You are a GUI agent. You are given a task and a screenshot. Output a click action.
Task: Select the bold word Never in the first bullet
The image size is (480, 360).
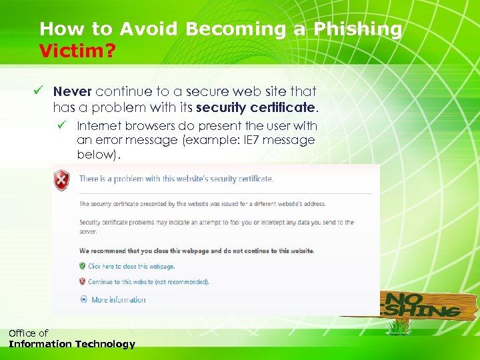point(72,91)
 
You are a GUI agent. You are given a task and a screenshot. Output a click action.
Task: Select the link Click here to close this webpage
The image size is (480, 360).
point(131,266)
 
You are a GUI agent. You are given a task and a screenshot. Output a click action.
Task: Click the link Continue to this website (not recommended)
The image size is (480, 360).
point(148,282)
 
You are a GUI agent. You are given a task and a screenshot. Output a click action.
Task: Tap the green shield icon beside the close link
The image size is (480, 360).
point(82,266)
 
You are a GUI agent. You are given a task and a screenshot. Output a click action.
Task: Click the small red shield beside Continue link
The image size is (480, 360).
point(82,282)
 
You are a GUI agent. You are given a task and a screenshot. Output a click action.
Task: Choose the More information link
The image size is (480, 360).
point(118,300)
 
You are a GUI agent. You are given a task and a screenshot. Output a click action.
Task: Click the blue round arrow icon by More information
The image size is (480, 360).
point(83,300)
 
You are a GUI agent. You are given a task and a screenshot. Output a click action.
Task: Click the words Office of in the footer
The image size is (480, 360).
point(28,333)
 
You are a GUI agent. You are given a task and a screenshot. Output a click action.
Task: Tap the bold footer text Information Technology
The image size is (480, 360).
point(71,344)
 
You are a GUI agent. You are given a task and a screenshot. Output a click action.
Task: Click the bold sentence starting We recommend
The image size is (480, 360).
point(197,251)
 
